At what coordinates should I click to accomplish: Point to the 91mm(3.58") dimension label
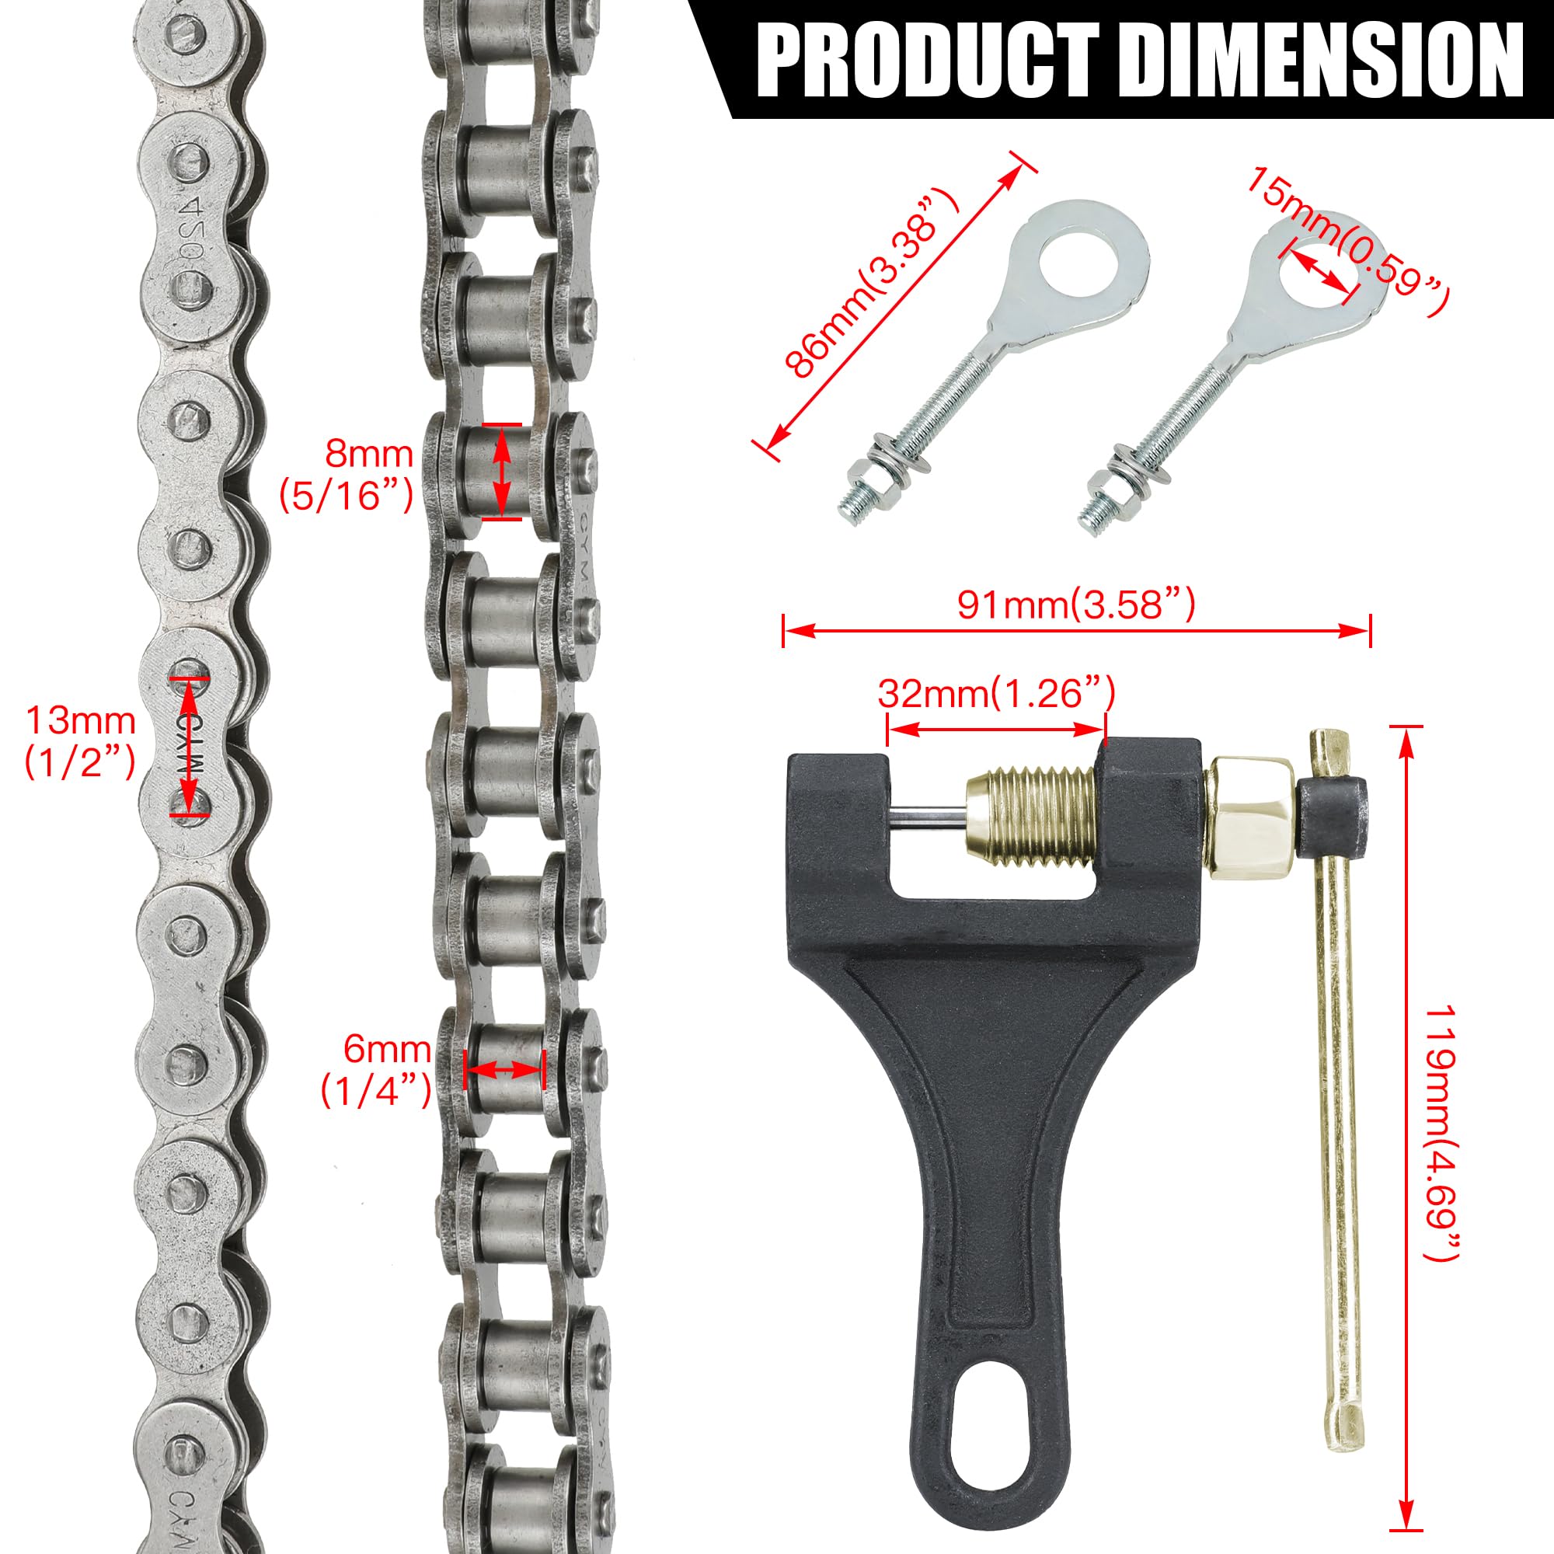pos(1075,604)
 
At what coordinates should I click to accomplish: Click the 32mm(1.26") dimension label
pos(996,692)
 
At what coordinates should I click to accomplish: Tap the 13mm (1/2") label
pos(81,740)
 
